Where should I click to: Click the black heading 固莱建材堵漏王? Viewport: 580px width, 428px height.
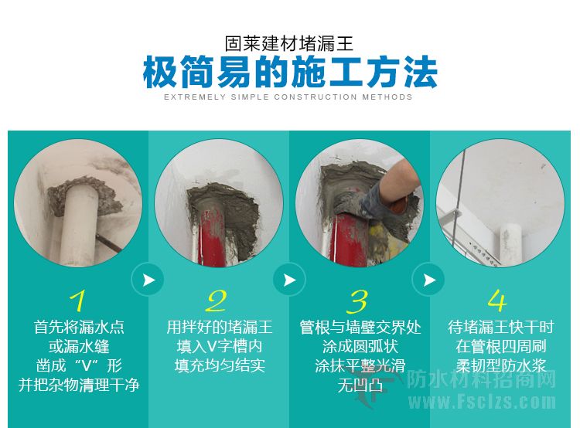289,43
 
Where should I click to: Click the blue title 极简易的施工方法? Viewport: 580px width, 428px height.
290,72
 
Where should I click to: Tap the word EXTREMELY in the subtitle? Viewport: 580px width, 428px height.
195,97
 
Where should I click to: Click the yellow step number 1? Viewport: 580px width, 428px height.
78,301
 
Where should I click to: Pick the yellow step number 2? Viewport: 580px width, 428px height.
217,301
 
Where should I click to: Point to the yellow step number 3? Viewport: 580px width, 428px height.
358,301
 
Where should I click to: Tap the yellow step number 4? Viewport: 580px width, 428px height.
497,300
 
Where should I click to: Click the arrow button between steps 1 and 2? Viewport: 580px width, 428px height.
148,280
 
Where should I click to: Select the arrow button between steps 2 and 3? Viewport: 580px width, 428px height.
289,280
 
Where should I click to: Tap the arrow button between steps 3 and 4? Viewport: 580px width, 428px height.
428,280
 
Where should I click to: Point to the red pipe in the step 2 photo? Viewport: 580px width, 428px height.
212,236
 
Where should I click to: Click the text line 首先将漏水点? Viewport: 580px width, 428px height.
79,327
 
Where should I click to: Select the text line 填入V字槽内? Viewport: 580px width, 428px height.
220,346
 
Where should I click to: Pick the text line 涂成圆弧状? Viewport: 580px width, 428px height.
360,347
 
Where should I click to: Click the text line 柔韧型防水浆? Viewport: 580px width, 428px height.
501,366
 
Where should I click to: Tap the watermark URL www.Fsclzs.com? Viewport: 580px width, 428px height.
483,402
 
